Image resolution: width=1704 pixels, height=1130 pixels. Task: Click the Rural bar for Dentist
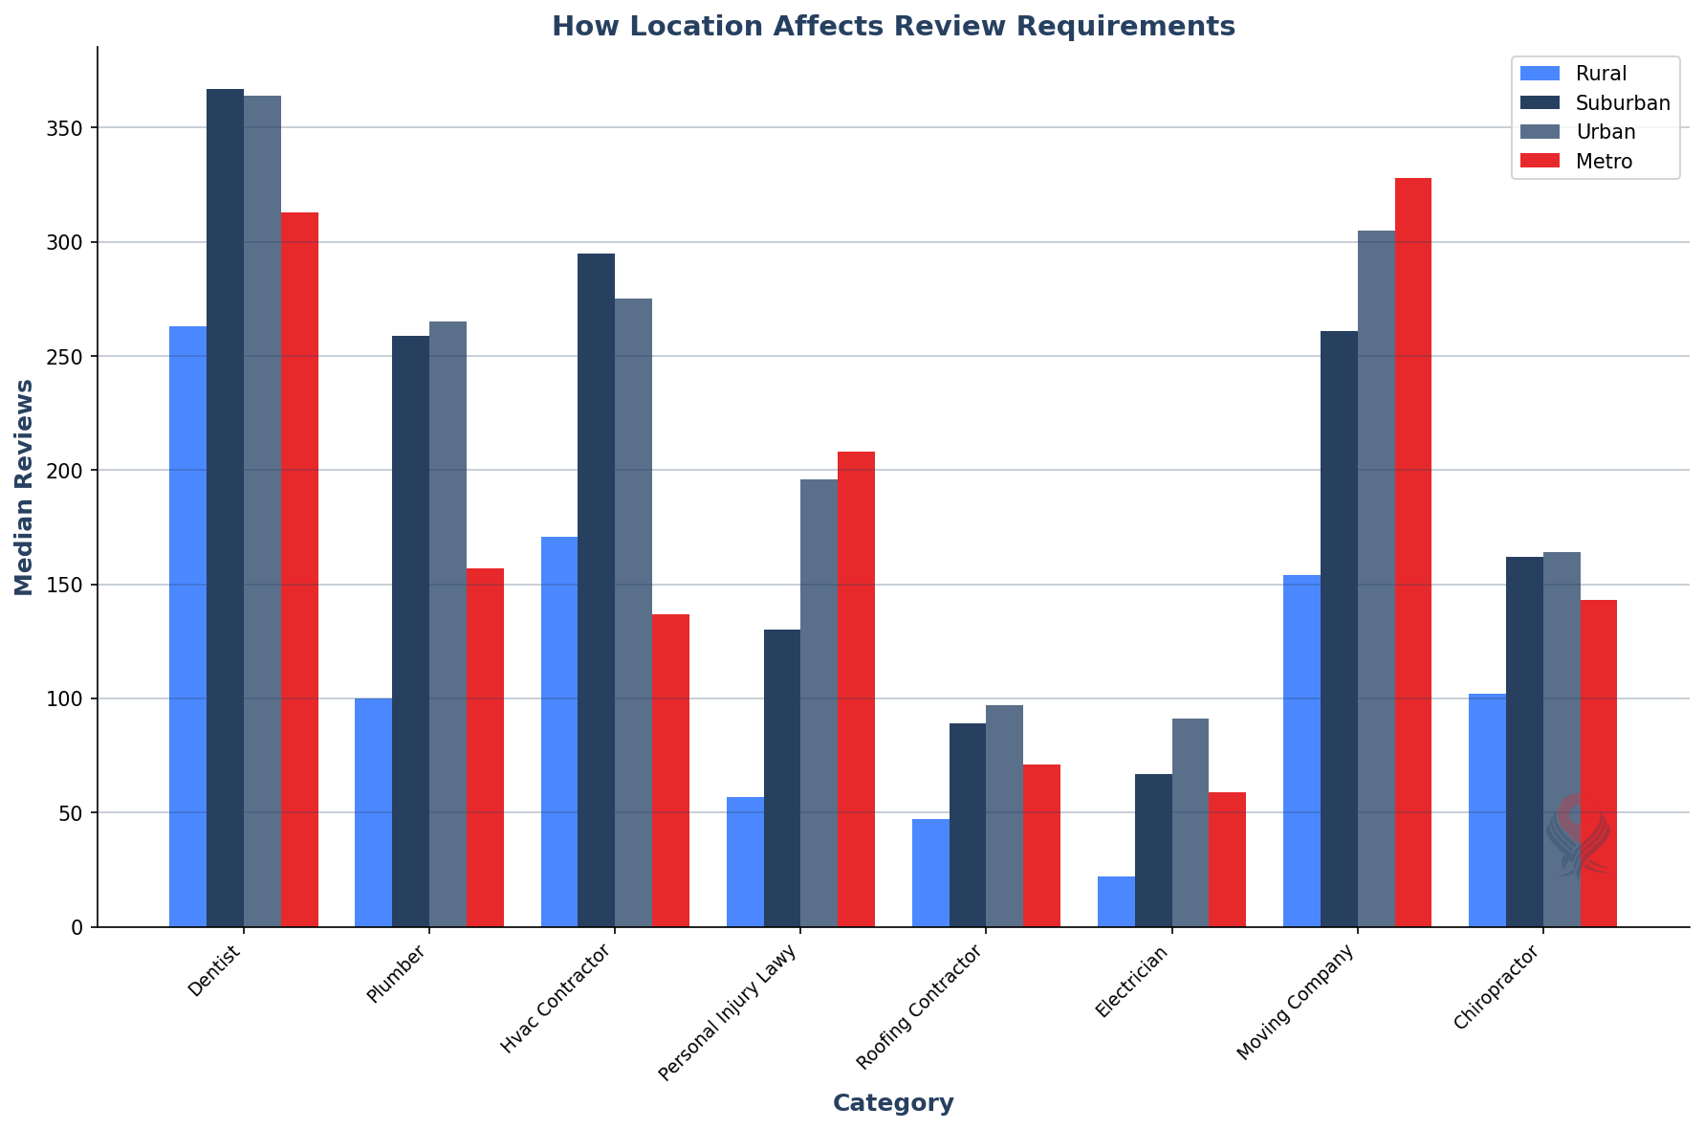[x=187, y=627]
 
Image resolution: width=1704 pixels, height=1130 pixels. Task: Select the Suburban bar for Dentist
[x=225, y=508]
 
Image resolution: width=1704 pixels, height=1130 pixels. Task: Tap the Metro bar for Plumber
[x=485, y=747]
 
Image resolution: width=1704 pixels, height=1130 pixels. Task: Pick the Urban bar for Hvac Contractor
[x=633, y=612]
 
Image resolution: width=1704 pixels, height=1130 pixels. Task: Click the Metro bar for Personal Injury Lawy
[x=856, y=689]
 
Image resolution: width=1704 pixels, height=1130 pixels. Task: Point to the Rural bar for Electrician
[x=1116, y=901]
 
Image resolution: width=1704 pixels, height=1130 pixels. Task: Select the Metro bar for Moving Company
[x=1412, y=552]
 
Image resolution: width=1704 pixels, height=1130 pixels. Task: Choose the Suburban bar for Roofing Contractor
[x=968, y=825]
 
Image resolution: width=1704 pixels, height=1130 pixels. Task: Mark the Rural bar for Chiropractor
[x=1487, y=810]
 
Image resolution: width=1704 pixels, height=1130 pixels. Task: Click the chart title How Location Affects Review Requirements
[x=893, y=26]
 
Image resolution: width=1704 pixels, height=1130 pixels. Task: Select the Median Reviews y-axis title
[x=25, y=487]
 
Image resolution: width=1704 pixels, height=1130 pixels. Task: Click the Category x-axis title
[x=893, y=1103]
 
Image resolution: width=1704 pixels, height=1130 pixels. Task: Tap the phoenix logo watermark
[x=1578, y=835]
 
